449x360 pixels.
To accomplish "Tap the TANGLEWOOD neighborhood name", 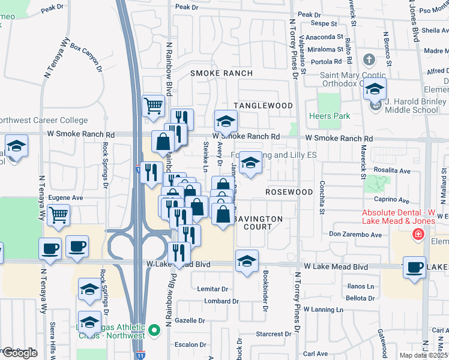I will [263, 106].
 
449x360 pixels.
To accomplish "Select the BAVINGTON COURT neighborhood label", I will [258, 223].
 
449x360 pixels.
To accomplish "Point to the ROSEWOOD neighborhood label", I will [289, 192].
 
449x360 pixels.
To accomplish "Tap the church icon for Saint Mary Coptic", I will [369, 60].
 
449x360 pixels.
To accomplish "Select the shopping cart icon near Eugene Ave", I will [58, 214].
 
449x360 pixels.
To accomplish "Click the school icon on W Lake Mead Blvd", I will [247, 261].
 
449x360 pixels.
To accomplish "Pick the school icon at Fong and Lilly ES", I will [250, 161].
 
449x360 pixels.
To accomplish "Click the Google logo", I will [19, 353].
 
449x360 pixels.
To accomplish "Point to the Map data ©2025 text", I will [424, 355].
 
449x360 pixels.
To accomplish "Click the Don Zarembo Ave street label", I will [355, 235].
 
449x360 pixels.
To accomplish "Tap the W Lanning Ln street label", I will [323, 310].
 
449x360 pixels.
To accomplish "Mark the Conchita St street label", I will [322, 197].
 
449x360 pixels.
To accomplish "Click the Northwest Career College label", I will [43, 121].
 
